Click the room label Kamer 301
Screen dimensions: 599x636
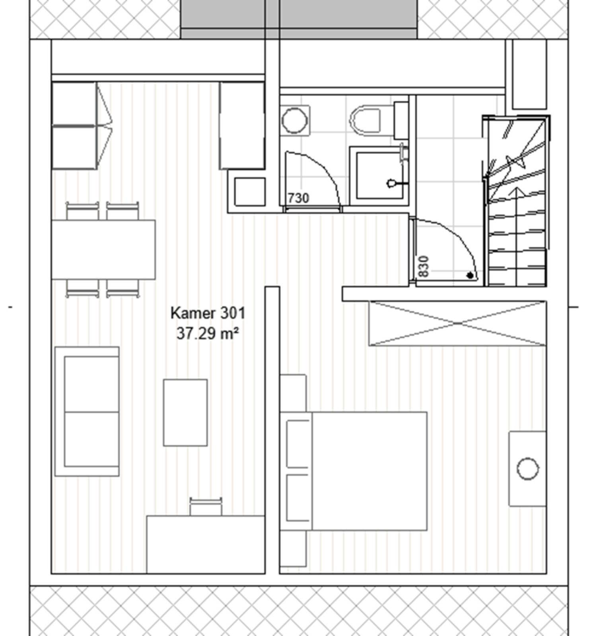tap(208, 313)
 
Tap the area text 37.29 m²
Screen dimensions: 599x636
tap(208, 333)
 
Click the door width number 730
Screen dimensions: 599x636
tap(298, 198)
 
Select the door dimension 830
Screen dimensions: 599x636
tap(424, 266)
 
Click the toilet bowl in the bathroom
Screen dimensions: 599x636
tap(365, 119)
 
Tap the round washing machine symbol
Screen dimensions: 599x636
tap(294, 120)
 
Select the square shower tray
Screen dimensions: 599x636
tap(379, 175)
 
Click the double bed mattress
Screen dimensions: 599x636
tap(370, 471)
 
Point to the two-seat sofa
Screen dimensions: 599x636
tap(87, 411)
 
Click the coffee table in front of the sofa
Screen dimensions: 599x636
tap(185, 413)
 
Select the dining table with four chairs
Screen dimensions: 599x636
tap(103, 250)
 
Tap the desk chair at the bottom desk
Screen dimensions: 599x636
tap(206, 506)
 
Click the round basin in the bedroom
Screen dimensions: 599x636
tap(528, 469)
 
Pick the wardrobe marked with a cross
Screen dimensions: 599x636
tap(457, 324)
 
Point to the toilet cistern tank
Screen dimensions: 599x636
tap(401, 120)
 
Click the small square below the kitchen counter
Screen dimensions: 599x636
tap(250, 192)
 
